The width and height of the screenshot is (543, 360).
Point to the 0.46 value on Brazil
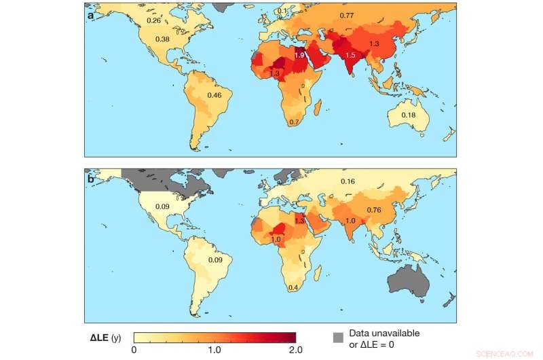click(214, 96)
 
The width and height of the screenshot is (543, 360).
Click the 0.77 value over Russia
click(347, 15)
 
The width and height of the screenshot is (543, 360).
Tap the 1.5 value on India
click(351, 55)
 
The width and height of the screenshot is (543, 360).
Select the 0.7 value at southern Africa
click(295, 122)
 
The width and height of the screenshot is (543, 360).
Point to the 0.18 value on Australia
click(409, 115)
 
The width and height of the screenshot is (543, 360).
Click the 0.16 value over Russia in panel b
click(348, 181)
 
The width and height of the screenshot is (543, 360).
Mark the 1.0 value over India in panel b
click(351, 221)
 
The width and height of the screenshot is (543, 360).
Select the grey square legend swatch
click(337, 338)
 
